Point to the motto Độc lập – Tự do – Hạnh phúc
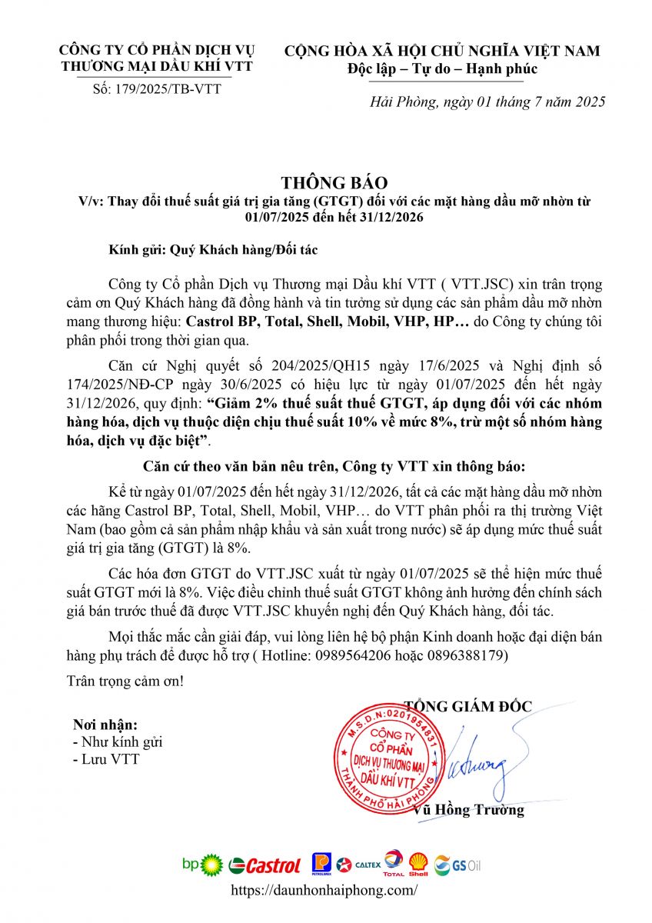441,70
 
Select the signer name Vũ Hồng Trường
468,810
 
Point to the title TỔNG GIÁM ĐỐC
467,706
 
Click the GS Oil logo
457,865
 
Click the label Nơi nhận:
105,725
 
